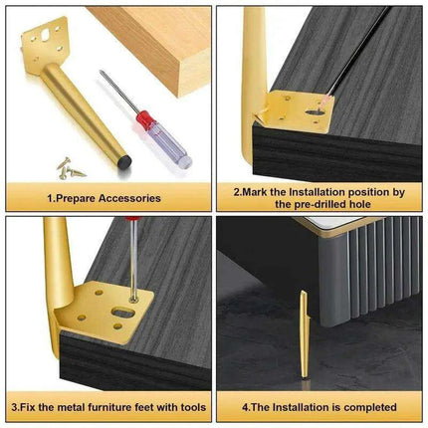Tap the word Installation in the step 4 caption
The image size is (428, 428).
298,406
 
